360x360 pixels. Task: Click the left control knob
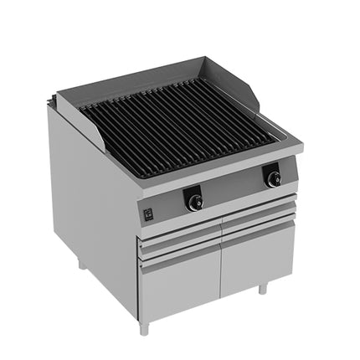[x=193, y=201]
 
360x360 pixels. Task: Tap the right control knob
[x=272, y=177]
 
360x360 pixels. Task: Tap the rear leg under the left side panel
[x=80, y=265]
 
